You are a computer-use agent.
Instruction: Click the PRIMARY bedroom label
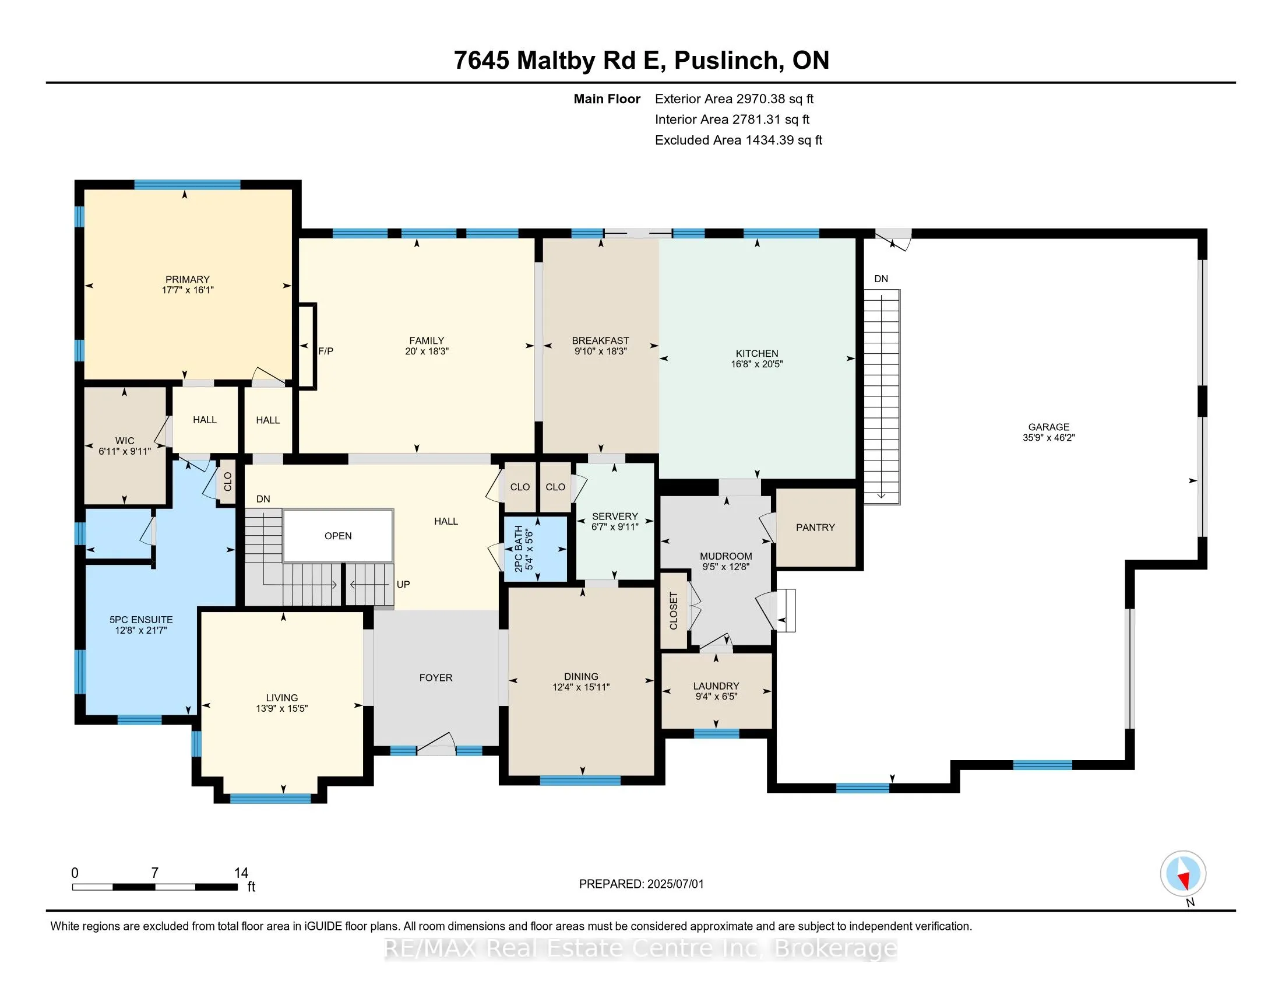[187, 279]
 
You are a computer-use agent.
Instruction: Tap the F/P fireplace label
[326, 351]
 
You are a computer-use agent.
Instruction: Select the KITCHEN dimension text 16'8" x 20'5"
[756, 364]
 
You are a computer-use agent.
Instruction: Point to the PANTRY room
[815, 528]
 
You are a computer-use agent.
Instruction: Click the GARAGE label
[1048, 427]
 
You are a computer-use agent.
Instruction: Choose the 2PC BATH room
[536, 549]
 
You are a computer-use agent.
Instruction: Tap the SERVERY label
[615, 516]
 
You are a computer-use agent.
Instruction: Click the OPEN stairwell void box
[338, 535]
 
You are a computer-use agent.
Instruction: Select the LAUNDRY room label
[716, 686]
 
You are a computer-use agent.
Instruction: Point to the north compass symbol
[1183, 874]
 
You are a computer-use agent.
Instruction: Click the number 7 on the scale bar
[155, 873]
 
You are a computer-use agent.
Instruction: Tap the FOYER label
[435, 678]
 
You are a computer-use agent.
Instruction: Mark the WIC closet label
[125, 441]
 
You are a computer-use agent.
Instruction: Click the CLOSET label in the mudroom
[674, 611]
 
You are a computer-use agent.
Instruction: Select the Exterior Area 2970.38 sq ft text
[734, 99]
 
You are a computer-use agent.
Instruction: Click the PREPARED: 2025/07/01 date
[641, 884]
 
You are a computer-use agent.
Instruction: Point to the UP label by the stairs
[403, 585]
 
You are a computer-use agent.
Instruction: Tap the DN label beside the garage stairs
[881, 279]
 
